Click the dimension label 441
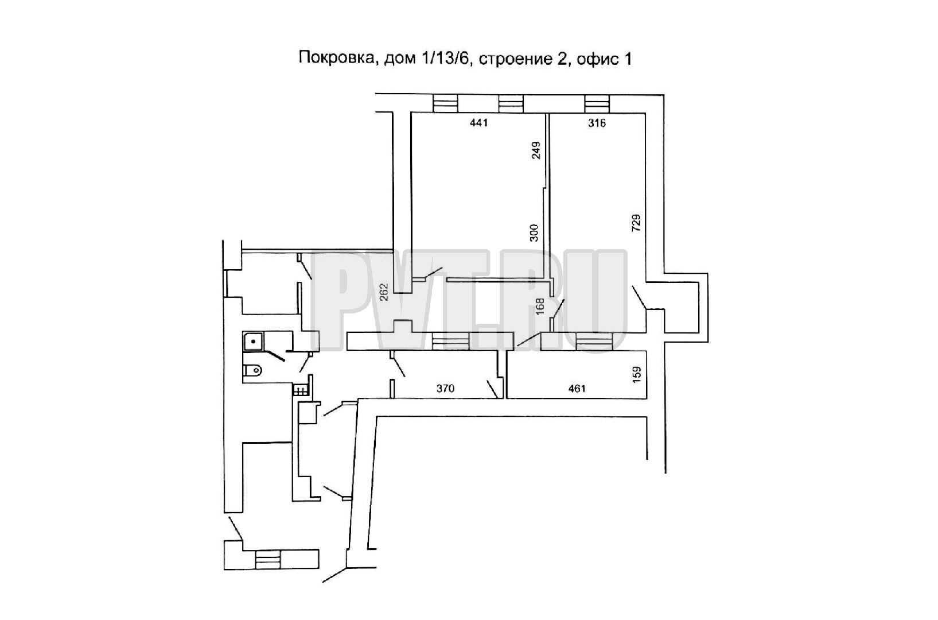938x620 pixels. (478, 123)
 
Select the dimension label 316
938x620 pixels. (597, 123)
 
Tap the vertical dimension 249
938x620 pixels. (536, 150)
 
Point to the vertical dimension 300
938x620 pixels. (534, 233)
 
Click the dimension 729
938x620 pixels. (636, 223)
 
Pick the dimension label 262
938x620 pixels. (384, 292)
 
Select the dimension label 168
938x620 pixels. (540, 306)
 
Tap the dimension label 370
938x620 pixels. (445, 388)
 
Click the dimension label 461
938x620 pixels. (577, 389)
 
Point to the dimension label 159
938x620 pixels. (636, 375)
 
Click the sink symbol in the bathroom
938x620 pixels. (252, 342)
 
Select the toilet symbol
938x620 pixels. (252, 370)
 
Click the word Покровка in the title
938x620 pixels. (336, 58)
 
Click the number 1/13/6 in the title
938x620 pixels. (447, 59)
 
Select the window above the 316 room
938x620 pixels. (597, 103)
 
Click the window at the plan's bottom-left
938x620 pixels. (267, 559)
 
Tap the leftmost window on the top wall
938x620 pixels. (445, 103)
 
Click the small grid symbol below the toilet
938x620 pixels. (301, 390)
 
